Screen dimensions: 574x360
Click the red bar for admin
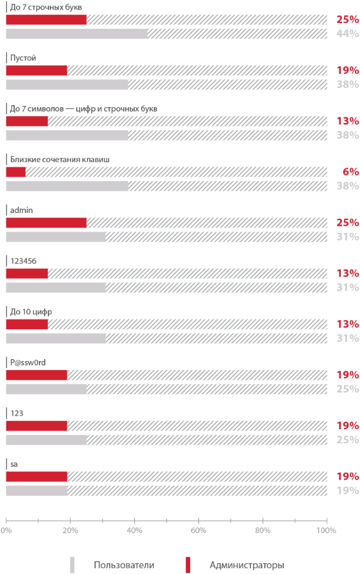46,223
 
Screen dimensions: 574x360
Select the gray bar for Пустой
67,84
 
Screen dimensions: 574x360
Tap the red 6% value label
350,172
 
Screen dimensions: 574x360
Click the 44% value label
347,34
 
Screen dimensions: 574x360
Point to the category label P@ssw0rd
28,362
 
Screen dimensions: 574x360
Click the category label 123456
24,261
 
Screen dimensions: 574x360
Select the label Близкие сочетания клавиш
60,159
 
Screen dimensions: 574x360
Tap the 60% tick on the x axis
199,530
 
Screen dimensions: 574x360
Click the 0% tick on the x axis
6,530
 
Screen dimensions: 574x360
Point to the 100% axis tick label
326,530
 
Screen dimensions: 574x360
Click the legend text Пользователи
124,565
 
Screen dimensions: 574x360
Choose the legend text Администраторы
246,565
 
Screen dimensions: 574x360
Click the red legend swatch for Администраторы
188,565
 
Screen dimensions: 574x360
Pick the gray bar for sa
36,490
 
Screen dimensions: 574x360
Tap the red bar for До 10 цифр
27,324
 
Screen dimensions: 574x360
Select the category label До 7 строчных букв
46,7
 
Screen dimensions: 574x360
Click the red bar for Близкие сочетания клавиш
15,172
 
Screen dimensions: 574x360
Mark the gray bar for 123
46,439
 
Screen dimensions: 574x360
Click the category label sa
13,464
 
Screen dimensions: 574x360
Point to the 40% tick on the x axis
135,530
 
